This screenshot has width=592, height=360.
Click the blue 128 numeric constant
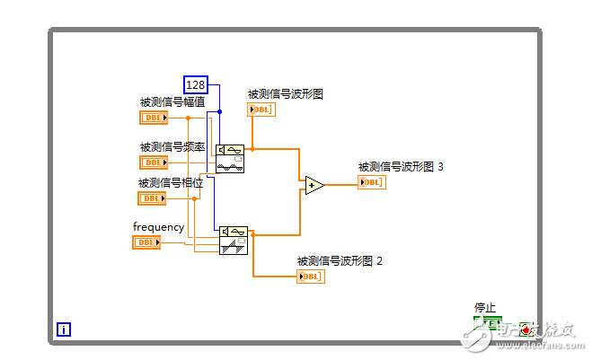pyautogui.click(x=196, y=85)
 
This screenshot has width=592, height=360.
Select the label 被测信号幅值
pyautogui.click(x=172, y=102)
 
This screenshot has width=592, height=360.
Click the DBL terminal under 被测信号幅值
pyautogui.click(x=153, y=118)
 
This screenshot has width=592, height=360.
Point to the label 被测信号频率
pyautogui.click(x=172, y=147)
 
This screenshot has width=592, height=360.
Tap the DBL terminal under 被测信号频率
pyautogui.click(x=153, y=162)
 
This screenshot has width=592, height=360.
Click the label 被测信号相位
pyautogui.click(x=171, y=183)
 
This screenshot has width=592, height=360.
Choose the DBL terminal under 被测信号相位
pyautogui.click(x=151, y=198)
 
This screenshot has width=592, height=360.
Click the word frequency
pyautogui.click(x=158, y=227)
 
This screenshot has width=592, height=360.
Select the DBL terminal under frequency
pyautogui.click(x=146, y=242)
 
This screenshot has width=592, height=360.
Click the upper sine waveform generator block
pyautogui.click(x=230, y=158)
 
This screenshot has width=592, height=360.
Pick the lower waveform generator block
pyautogui.click(x=234, y=241)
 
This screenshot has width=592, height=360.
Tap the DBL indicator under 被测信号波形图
pyautogui.click(x=261, y=110)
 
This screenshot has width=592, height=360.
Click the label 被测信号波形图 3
pyautogui.click(x=401, y=166)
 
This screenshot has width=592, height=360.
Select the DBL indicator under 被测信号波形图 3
pyautogui.click(x=371, y=182)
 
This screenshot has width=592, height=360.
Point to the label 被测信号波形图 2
pyautogui.click(x=340, y=261)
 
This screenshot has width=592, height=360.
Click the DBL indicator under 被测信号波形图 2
pyautogui.click(x=310, y=276)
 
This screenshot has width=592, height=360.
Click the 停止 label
pyautogui.click(x=485, y=308)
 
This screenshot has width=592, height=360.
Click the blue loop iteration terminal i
pyautogui.click(x=64, y=329)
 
